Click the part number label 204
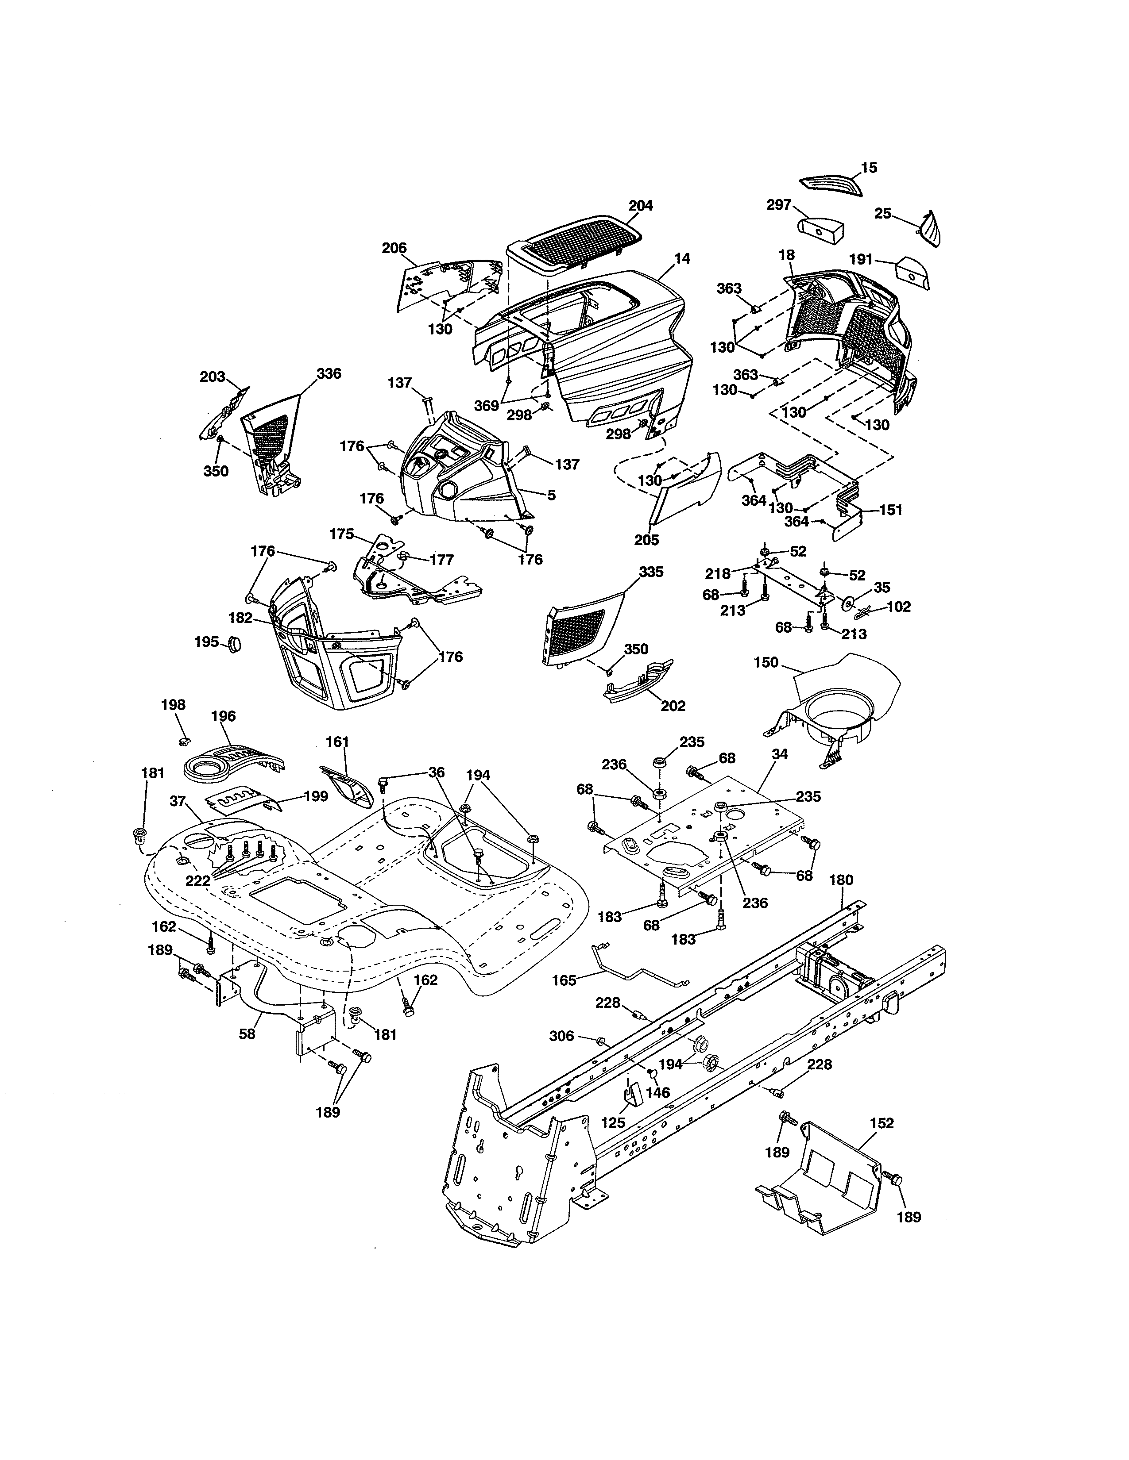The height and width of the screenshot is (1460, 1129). click(x=640, y=205)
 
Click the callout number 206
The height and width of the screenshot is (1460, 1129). click(x=394, y=248)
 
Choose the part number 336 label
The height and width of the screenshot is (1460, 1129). click(x=329, y=374)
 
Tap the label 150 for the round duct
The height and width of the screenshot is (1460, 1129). click(x=766, y=662)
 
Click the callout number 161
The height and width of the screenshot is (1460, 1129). click(x=338, y=742)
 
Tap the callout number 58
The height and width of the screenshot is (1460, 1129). click(x=247, y=1034)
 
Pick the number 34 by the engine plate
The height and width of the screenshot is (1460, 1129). click(x=779, y=754)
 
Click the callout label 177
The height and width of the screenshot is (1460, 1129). click(x=441, y=560)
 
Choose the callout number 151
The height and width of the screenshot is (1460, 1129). click(x=889, y=510)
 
